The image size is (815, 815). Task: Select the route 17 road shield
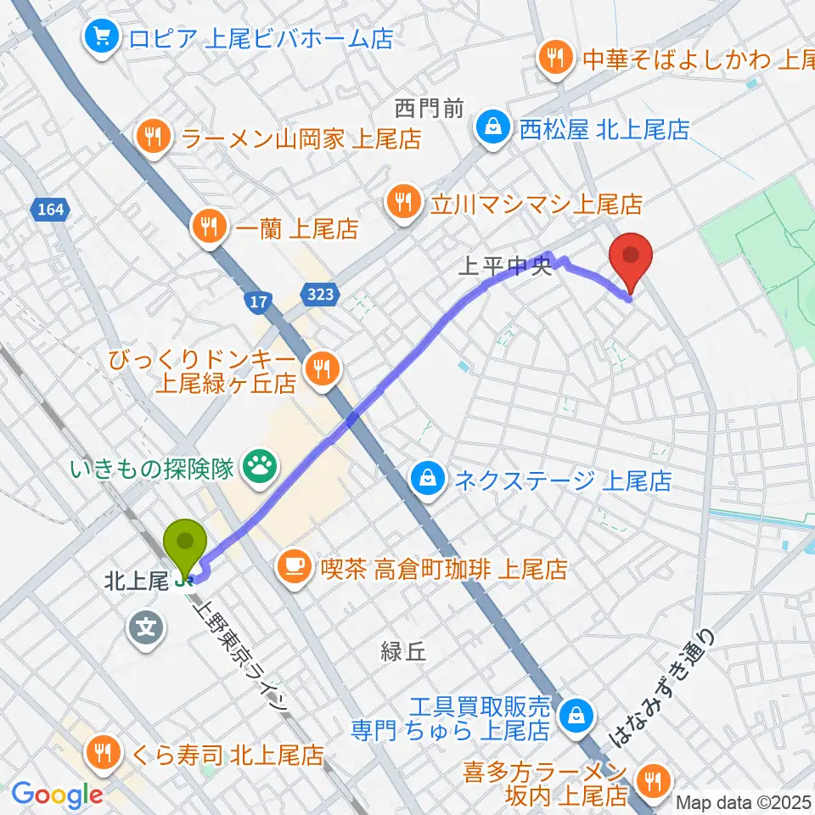pos(258,300)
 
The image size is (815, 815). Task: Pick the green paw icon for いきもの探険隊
pos(256,464)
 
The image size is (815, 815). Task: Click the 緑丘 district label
pos(402,652)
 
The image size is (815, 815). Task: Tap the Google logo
pos(57,795)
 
